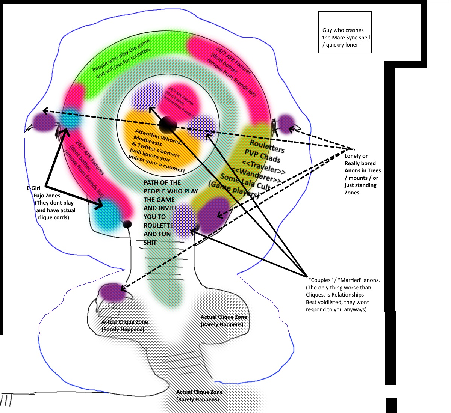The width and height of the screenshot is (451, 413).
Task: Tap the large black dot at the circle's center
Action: point(168,125)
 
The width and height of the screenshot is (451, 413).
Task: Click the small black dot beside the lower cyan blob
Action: point(127,225)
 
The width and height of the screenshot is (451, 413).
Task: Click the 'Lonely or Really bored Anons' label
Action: point(362,174)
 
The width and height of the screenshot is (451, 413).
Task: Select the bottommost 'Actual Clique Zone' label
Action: point(199,396)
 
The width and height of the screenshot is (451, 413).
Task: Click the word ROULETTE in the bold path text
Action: point(158,225)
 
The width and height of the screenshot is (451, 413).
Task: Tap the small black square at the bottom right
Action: point(391,405)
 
